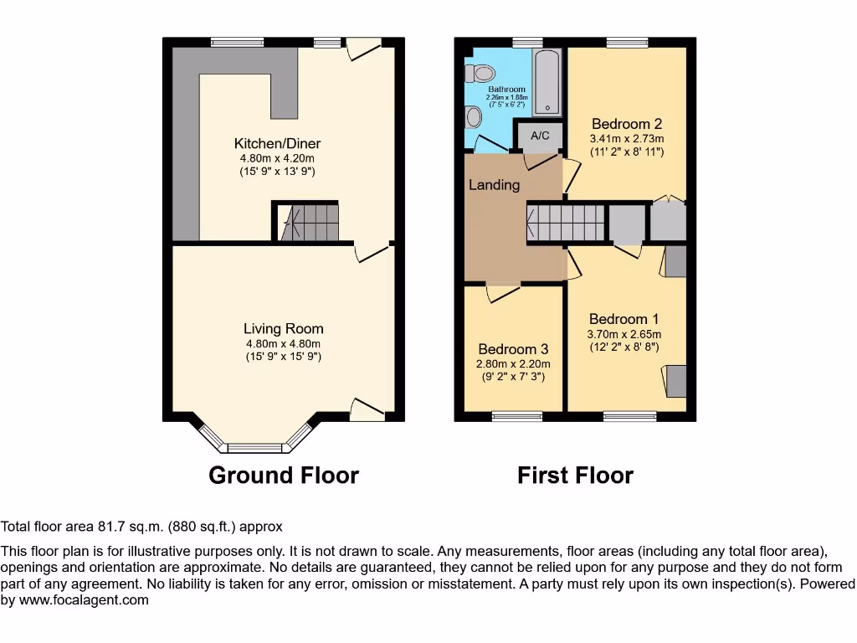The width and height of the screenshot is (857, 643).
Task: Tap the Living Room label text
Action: point(283,329)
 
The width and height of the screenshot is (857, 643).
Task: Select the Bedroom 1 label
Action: point(624,319)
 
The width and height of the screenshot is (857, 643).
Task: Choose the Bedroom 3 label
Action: point(513,349)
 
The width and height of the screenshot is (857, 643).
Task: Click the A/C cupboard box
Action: point(539,135)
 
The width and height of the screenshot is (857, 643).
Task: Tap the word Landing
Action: point(494,185)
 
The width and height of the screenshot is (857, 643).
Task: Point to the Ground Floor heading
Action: point(283,476)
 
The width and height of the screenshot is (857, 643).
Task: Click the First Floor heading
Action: point(575,476)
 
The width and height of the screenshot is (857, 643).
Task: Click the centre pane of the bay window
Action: point(256,447)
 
